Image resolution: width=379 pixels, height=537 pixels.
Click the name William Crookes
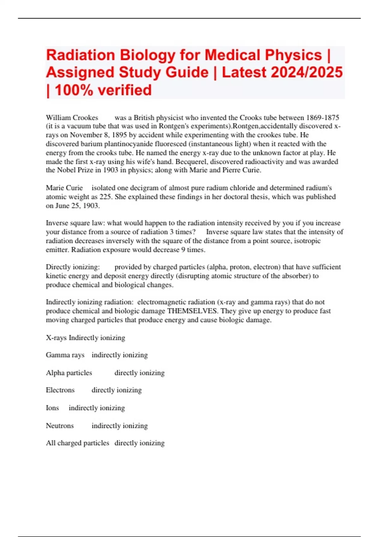pyautogui.click(x=72, y=118)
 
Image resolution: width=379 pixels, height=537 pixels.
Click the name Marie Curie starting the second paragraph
pyautogui.click(x=64, y=188)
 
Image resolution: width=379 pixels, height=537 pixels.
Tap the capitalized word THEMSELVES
pyautogui.click(x=192, y=311)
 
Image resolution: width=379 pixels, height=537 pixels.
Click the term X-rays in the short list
pyautogui.click(x=56, y=338)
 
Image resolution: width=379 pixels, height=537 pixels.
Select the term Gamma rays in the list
pyautogui.click(x=65, y=355)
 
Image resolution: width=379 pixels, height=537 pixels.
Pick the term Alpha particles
pyautogui.click(x=69, y=373)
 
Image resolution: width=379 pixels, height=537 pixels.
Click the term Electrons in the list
pyautogui.click(x=60, y=390)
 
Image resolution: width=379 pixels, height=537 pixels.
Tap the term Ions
pyautogui.click(x=52, y=408)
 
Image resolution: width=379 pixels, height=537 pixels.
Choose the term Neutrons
pyautogui.click(x=60, y=426)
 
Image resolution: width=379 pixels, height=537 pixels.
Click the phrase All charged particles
pyautogui.click(x=77, y=443)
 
